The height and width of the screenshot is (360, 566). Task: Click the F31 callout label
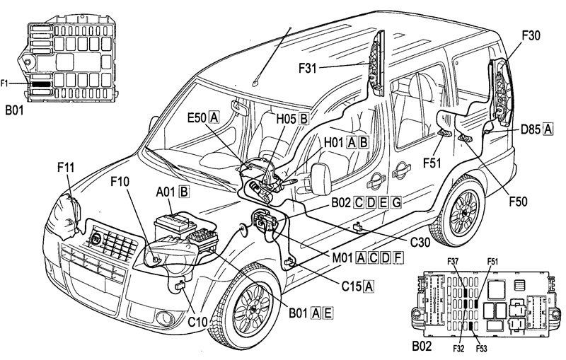tap(307, 68)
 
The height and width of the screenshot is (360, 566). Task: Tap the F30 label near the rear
tap(531, 36)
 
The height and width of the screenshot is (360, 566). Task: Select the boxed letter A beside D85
tap(548, 129)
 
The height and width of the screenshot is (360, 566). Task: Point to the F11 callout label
tap(66, 168)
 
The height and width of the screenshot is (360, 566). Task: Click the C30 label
tap(420, 243)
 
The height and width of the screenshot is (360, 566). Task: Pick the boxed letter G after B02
tap(396, 203)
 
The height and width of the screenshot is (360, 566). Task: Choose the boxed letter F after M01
tap(398, 257)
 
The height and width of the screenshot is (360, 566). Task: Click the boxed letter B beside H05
tap(304, 119)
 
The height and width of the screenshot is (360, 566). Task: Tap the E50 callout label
tap(197, 117)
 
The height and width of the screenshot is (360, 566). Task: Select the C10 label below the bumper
tap(197, 321)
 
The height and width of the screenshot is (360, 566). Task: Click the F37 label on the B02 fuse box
tap(453, 261)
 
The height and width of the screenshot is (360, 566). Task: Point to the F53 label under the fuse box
tap(481, 349)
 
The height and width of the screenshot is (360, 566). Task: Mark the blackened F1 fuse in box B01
tap(41, 83)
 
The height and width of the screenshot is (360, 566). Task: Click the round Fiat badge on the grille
tap(96, 239)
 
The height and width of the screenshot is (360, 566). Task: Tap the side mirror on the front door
tap(320, 179)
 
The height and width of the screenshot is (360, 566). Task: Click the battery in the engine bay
tap(175, 225)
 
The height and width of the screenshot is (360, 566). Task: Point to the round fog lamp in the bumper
tap(165, 318)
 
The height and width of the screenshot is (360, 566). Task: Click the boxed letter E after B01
tap(328, 313)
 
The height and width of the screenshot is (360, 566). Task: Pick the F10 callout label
tap(120, 182)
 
